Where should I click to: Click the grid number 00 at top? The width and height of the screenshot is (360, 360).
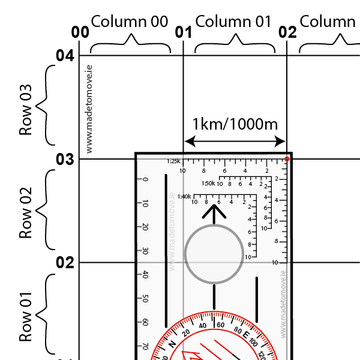tap(80, 32)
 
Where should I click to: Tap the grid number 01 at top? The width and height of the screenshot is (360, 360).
tap(183, 32)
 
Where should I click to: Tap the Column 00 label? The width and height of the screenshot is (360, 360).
tap(130, 22)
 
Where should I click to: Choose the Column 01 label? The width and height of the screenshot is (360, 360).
tap(234, 22)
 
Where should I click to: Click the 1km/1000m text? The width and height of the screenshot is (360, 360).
tap(235, 125)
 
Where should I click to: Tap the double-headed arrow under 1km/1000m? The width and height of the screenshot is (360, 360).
tap(235, 142)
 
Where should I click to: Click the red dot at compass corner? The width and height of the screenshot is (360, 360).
tap(287, 159)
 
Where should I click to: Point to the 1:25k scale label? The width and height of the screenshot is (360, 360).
tap(173, 161)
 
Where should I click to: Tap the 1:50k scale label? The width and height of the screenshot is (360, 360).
tap(208, 183)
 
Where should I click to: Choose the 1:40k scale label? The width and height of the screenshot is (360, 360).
tap(184, 196)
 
